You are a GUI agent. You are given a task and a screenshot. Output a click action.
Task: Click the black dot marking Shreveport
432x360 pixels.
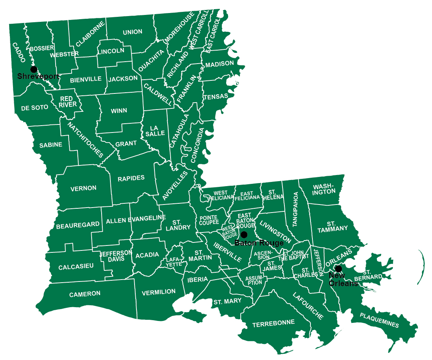(34, 69)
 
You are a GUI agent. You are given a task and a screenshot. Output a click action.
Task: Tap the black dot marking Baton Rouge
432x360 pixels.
(243, 234)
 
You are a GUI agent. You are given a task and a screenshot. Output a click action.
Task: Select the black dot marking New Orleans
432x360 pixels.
(338, 268)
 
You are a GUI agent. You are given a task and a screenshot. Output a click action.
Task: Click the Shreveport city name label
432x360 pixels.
(38, 76)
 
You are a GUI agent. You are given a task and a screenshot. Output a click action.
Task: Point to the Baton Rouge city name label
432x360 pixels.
(259, 243)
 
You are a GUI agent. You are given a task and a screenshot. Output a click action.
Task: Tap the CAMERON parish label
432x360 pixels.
(85, 294)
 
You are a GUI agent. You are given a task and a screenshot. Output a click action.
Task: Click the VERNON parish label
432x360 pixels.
(84, 188)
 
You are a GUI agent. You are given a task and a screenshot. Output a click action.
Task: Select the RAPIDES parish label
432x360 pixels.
(131, 178)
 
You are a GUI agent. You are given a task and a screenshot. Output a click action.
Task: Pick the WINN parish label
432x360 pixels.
(119, 111)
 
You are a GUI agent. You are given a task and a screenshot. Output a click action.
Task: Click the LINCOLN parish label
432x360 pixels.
(111, 51)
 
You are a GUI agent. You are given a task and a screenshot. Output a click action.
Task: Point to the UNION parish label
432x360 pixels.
(133, 32)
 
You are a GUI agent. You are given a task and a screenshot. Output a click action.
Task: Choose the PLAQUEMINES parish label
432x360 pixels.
(379, 320)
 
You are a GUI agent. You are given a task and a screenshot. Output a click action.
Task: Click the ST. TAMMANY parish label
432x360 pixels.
(332, 226)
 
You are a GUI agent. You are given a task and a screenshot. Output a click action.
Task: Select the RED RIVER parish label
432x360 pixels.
(68, 102)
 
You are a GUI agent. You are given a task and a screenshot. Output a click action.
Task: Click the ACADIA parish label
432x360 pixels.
(147, 255)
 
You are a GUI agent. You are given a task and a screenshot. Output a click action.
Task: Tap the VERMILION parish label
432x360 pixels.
(159, 292)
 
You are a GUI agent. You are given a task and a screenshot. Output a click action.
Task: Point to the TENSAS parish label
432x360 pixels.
(215, 96)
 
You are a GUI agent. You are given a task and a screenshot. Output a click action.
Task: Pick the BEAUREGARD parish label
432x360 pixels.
(78, 225)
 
